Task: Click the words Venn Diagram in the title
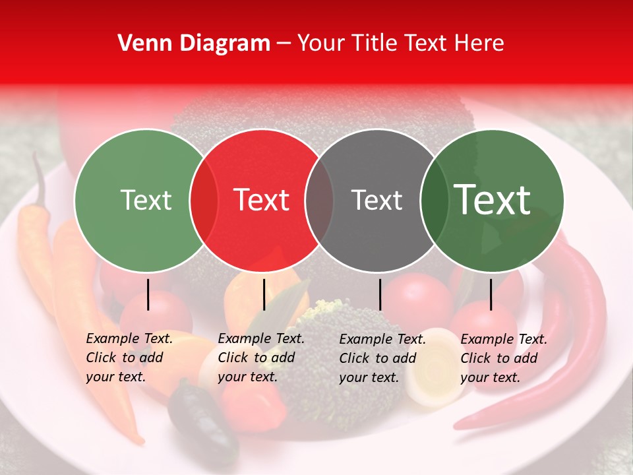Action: pyautogui.click(x=194, y=44)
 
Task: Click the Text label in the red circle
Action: pyautogui.click(x=262, y=200)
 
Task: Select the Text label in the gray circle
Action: pyautogui.click(x=377, y=200)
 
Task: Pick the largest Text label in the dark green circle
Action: pyautogui.click(x=493, y=200)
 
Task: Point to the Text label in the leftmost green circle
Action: pyautogui.click(x=146, y=200)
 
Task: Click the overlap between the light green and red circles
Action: pyautogui.click(x=204, y=200)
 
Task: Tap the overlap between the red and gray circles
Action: pyautogui.click(x=319, y=200)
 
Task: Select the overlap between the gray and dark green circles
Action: pyautogui.click(x=434, y=200)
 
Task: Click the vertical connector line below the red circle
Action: pyautogui.click(x=264, y=294)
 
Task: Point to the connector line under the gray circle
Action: pyautogui.click(x=380, y=294)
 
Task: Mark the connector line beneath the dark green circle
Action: pyautogui.click(x=491, y=294)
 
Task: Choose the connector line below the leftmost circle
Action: pyautogui.click(x=148, y=294)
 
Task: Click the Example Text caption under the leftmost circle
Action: pyautogui.click(x=129, y=358)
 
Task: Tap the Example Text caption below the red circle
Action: pyautogui.click(x=261, y=358)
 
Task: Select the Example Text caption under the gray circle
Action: pyautogui.click(x=382, y=358)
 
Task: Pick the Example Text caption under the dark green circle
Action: pyautogui.click(x=504, y=358)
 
